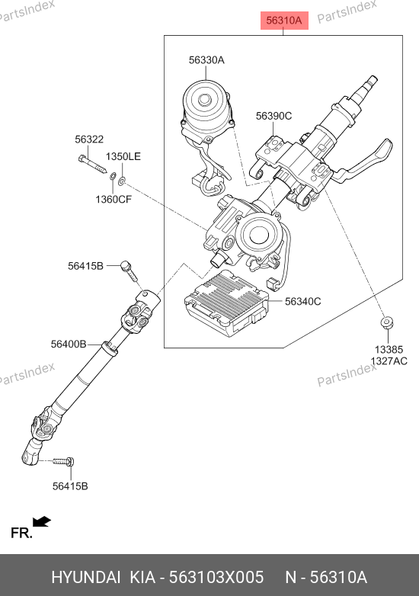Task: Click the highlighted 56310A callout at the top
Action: pyautogui.click(x=283, y=20)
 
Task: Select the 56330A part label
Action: pyautogui.click(x=206, y=60)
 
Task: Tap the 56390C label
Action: pyautogui.click(x=273, y=116)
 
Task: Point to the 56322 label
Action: pyautogui.click(x=89, y=139)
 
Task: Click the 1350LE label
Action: pyautogui.click(x=123, y=156)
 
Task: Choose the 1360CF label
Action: pyautogui.click(x=114, y=199)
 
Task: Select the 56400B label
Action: pyautogui.click(x=69, y=344)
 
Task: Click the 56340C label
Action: pyautogui.click(x=302, y=301)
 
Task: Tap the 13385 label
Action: pyautogui.click(x=389, y=350)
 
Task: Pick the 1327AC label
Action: pyautogui.click(x=389, y=361)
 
